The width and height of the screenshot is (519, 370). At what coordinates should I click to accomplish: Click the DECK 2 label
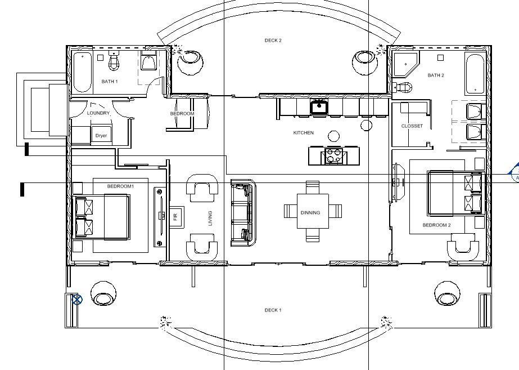click(273, 41)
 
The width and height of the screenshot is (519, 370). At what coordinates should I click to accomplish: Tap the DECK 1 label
click(273, 310)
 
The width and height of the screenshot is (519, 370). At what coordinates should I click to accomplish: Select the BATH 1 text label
click(110, 82)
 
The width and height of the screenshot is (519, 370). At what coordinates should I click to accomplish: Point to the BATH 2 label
click(436, 75)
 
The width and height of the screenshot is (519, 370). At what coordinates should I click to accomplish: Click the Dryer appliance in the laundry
click(101, 136)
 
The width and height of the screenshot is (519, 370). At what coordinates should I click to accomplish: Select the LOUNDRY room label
click(98, 113)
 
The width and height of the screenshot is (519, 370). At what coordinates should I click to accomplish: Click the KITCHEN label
click(304, 133)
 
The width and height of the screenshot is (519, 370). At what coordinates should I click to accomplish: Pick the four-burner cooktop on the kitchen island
click(333, 155)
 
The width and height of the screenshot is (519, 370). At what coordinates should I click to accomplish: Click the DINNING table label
click(310, 213)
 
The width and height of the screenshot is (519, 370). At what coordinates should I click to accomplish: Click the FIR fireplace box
click(175, 216)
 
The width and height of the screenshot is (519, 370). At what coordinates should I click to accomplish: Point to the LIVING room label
click(210, 219)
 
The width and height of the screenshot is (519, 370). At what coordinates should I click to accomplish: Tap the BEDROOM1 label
click(120, 186)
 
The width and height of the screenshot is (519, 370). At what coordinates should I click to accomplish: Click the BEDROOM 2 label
click(436, 225)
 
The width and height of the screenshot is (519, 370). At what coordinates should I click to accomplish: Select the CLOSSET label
click(412, 126)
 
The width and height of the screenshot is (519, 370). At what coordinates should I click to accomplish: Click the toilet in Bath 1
click(114, 61)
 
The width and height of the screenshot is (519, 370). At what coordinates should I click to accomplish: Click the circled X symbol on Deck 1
click(77, 300)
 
